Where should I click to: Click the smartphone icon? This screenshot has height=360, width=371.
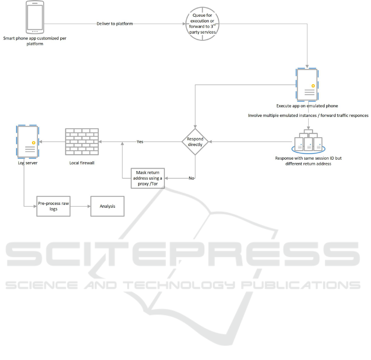35,17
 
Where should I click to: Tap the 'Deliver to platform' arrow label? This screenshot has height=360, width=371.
115,24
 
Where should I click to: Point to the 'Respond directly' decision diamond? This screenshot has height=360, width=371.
195,142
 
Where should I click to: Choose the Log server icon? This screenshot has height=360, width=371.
27,142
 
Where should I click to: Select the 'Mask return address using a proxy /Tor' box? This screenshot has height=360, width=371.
148,178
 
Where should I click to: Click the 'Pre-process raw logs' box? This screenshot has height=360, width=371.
53,206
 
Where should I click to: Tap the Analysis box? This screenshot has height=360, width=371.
107,206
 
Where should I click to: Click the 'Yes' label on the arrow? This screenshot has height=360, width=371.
140,142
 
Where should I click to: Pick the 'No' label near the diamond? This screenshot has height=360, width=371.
191,178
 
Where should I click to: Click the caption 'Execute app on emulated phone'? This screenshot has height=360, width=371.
307,106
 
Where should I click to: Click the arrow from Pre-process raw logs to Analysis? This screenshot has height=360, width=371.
80,206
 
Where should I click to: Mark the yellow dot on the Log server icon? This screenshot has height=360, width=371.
32,143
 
